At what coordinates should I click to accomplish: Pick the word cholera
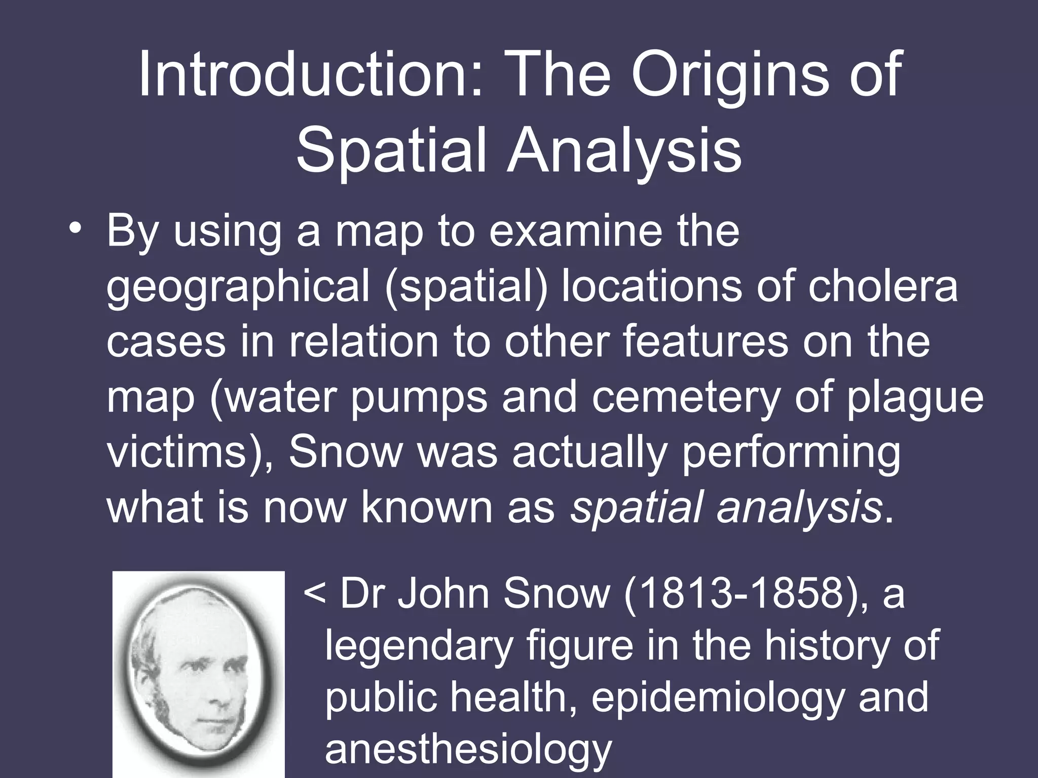[882, 287]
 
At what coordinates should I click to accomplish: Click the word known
[428, 508]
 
